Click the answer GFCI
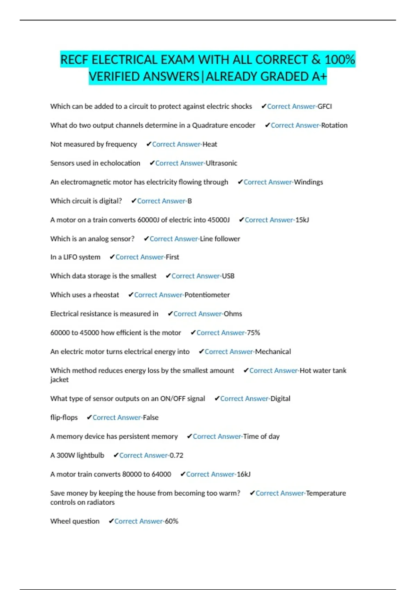click(325, 107)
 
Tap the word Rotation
click(334, 125)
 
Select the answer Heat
click(210, 144)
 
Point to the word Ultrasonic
click(222, 163)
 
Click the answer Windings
click(308, 182)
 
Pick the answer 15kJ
click(302, 220)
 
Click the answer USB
click(228, 276)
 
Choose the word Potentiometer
click(207, 295)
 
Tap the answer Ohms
click(233, 314)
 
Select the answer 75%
click(253, 333)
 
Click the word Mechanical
click(273, 352)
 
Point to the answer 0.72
click(176, 455)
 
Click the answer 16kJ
click(243, 474)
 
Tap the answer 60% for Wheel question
click(172, 521)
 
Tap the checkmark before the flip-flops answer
click(89, 418)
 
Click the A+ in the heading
click(319, 77)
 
